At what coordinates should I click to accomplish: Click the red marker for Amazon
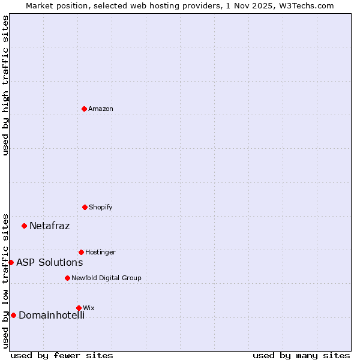(x=84, y=109)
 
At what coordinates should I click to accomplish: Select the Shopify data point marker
(x=85, y=207)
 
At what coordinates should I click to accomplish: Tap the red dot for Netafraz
(x=24, y=226)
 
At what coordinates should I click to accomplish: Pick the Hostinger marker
(x=81, y=252)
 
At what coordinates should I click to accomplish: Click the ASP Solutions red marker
(x=11, y=262)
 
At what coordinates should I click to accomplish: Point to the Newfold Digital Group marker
(x=67, y=278)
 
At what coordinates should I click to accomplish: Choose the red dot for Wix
(x=79, y=308)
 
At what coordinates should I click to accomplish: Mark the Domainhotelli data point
(x=13, y=315)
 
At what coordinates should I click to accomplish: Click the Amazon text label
(x=101, y=109)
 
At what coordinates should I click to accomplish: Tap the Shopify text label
(x=101, y=207)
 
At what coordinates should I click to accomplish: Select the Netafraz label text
(x=49, y=226)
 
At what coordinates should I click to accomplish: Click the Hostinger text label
(x=100, y=252)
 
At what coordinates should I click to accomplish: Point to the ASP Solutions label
(x=49, y=262)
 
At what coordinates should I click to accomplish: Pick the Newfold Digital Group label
(x=106, y=278)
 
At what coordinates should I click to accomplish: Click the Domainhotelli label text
(x=51, y=315)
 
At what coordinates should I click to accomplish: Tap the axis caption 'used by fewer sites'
(x=62, y=355)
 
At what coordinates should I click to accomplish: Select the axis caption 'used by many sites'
(x=301, y=355)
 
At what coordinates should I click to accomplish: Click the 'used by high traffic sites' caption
(x=5, y=85)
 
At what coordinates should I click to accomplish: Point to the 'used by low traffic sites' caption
(x=5, y=280)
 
